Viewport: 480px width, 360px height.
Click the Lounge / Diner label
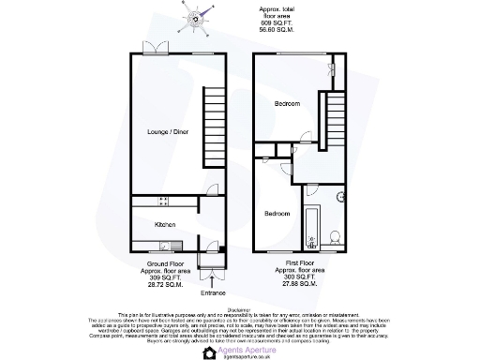(x=169, y=132)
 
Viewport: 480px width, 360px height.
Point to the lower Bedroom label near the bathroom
(x=277, y=214)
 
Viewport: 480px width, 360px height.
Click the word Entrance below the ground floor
(x=214, y=292)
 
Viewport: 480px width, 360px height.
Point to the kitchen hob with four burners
(x=162, y=202)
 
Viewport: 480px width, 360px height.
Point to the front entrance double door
(x=215, y=275)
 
